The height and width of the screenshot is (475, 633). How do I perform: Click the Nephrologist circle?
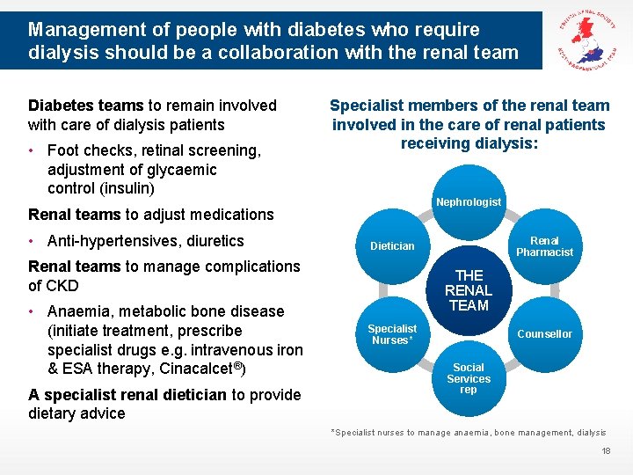click(x=469, y=202)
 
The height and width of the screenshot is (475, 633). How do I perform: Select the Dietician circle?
click(x=392, y=246)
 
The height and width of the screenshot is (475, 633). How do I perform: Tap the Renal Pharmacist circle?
click(x=544, y=246)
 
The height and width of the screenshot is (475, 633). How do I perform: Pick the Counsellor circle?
click(x=544, y=333)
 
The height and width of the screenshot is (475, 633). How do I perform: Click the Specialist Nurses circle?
click(x=392, y=334)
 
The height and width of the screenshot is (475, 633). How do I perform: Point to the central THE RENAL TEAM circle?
click(x=469, y=290)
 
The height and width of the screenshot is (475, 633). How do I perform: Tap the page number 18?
click(x=605, y=450)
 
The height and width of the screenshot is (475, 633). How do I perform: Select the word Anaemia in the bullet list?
click(x=78, y=311)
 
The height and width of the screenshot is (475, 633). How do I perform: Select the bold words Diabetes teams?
click(x=84, y=106)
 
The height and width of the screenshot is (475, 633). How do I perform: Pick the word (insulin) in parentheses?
click(x=127, y=188)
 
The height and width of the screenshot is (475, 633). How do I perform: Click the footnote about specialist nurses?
click(x=468, y=432)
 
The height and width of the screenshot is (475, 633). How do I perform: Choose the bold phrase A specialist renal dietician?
click(x=127, y=395)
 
